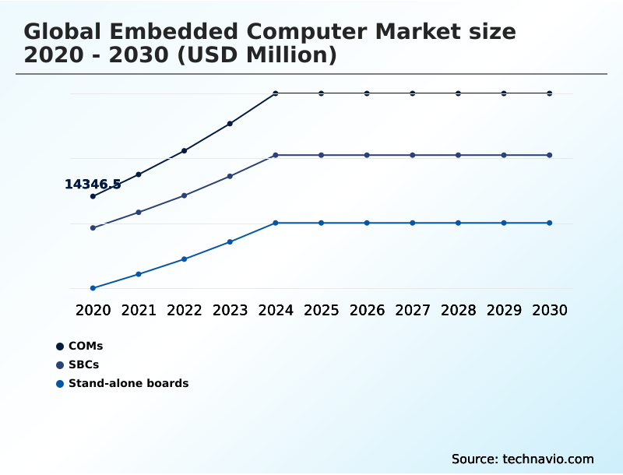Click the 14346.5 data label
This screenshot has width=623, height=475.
point(93,185)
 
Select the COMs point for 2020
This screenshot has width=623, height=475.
point(93,196)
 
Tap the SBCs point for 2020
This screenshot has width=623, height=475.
point(93,228)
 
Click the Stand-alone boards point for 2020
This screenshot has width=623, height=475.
point(93,288)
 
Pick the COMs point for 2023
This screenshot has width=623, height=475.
point(230,124)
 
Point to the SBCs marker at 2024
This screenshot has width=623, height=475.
point(276,156)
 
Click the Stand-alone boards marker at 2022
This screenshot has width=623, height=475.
point(185,259)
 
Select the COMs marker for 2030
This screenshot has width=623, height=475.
point(550,93)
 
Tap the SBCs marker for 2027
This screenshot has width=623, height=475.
point(413,156)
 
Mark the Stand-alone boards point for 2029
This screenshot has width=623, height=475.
point(504,223)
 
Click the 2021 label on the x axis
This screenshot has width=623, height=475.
point(139,311)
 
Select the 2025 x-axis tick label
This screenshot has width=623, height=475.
point(321,311)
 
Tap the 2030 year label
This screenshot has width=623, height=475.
point(550,311)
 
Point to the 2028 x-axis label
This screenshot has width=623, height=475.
point(458,311)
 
